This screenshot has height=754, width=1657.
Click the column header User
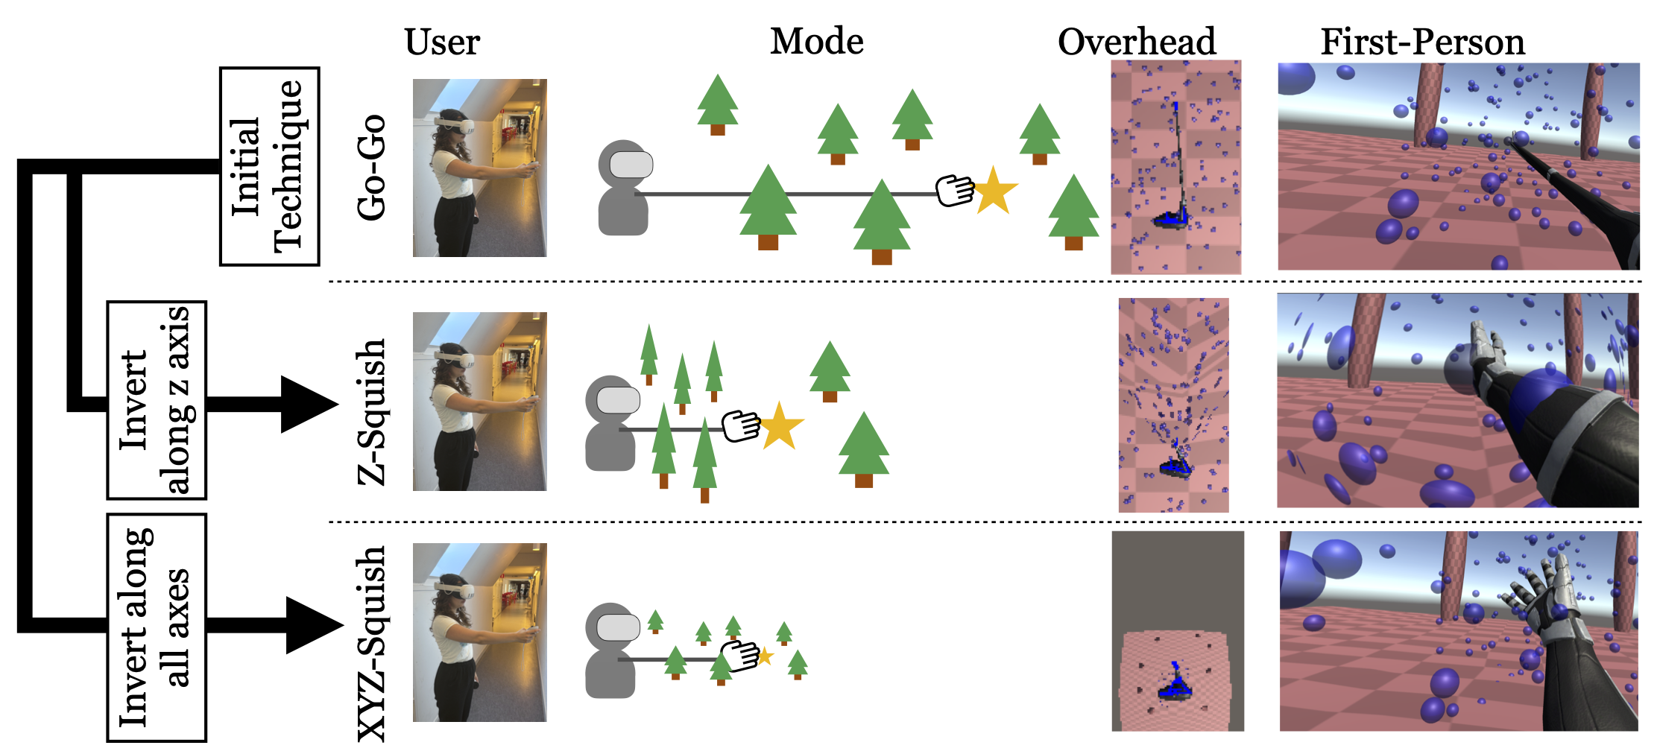(x=442, y=42)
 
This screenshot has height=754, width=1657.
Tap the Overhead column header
(x=1136, y=42)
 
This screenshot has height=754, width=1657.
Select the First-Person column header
(x=1422, y=42)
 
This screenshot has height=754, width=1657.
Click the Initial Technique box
(x=269, y=166)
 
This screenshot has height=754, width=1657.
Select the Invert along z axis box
(x=156, y=400)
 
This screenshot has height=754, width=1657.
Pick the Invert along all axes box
(x=156, y=627)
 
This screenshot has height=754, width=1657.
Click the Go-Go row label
(x=372, y=168)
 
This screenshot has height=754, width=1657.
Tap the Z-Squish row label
(x=372, y=412)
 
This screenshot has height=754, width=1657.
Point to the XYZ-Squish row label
(x=372, y=644)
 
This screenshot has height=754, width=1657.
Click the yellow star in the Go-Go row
(x=994, y=191)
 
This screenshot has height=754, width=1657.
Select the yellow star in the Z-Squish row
(x=780, y=427)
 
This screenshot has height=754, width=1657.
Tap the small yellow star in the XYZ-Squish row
(x=764, y=656)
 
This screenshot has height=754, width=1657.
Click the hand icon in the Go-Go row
(x=955, y=190)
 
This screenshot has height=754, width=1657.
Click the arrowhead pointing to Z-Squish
(x=306, y=404)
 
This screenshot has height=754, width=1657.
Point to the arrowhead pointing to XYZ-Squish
(x=312, y=625)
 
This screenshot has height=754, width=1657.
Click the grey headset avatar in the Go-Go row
(x=624, y=188)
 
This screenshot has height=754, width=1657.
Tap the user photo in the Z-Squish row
(x=479, y=401)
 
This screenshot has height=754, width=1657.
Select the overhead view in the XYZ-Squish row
(x=1177, y=630)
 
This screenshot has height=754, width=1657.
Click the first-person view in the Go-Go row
(x=1458, y=166)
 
